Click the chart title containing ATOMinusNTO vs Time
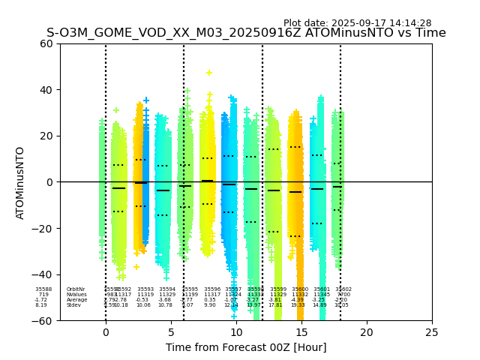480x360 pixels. click(x=246, y=33)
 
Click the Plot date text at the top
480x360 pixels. click(x=357, y=23)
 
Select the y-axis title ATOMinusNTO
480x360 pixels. click(x=20, y=182)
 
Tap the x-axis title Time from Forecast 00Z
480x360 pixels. click(x=246, y=347)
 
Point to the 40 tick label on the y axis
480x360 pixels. click(x=46, y=90)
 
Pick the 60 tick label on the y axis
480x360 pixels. click(x=46, y=43)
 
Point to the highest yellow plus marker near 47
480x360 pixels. click(x=209, y=73)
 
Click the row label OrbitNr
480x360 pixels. click(x=76, y=289)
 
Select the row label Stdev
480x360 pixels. click(x=73, y=305)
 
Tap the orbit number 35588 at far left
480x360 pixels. click(x=43, y=289)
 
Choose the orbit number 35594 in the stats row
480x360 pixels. click(x=166, y=289)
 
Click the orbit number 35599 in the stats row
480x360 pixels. click(x=278, y=289)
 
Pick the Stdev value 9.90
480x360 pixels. click(x=210, y=305)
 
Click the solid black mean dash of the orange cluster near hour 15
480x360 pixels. click(x=295, y=192)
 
